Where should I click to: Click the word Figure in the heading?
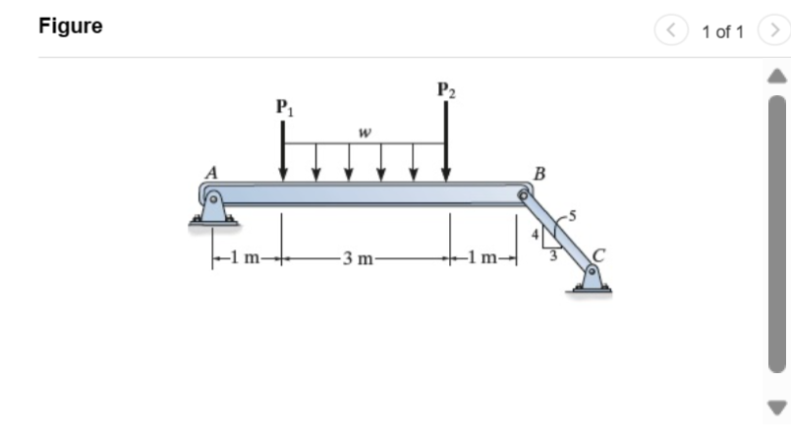pyautogui.click(x=70, y=27)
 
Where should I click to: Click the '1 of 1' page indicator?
pyautogui.click(x=723, y=32)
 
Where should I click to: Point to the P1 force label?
pyautogui.click(x=284, y=106)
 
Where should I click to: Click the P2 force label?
pyautogui.click(x=446, y=92)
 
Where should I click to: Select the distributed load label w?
pyautogui.click(x=364, y=135)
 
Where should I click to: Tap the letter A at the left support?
pyautogui.click(x=210, y=172)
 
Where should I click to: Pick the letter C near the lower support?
pyautogui.click(x=600, y=252)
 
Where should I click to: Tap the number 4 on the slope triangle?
pyautogui.click(x=535, y=236)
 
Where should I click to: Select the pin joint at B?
pyautogui.click(x=524, y=195)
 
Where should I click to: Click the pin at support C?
pyautogui.click(x=593, y=269)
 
